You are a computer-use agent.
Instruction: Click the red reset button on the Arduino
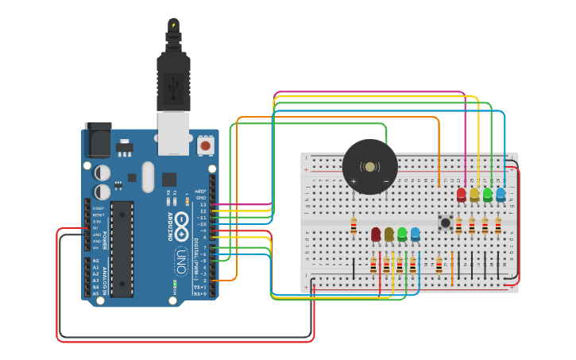206,145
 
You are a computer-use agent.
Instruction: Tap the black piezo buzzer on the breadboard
369,166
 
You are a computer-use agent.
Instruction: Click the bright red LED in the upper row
462,194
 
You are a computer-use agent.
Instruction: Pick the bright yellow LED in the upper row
474,194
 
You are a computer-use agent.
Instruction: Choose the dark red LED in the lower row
376,234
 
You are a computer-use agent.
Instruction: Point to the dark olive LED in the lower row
389,234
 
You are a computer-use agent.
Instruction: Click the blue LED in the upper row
501,194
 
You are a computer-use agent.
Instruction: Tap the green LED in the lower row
402,234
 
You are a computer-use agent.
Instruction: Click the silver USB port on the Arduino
173,133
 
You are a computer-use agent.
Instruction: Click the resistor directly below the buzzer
354,227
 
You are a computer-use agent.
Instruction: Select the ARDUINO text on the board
168,226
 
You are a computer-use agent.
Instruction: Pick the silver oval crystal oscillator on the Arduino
148,176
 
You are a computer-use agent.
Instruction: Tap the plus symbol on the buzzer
354,180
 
